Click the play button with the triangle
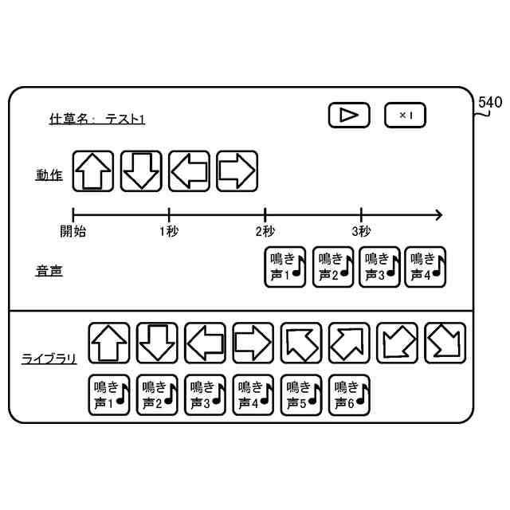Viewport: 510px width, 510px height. [349, 116]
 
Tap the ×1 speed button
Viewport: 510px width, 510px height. [405, 116]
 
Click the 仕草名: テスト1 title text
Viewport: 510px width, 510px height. [97, 120]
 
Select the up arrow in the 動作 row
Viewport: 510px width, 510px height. [93, 171]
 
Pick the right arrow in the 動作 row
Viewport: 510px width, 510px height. [237, 171]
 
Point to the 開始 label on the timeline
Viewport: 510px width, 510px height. [73, 231]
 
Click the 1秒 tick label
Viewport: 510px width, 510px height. [169, 231]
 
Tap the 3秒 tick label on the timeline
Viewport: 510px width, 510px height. [361, 231]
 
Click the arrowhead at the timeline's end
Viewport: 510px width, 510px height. [437, 214]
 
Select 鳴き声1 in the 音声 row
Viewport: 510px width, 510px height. [284, 266]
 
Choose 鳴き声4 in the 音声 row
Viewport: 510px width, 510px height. [425, 266]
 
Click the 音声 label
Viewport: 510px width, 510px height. [49, 271]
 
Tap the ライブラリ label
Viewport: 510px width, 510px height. [49, 359]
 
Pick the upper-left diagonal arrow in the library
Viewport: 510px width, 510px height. [301, 343]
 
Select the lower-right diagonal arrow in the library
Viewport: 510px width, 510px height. [445, 343]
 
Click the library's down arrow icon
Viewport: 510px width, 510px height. [157, 343]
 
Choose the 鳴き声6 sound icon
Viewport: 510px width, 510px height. [350, 394]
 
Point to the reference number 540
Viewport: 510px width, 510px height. [490, 103]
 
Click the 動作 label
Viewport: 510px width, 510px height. [49, 175]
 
